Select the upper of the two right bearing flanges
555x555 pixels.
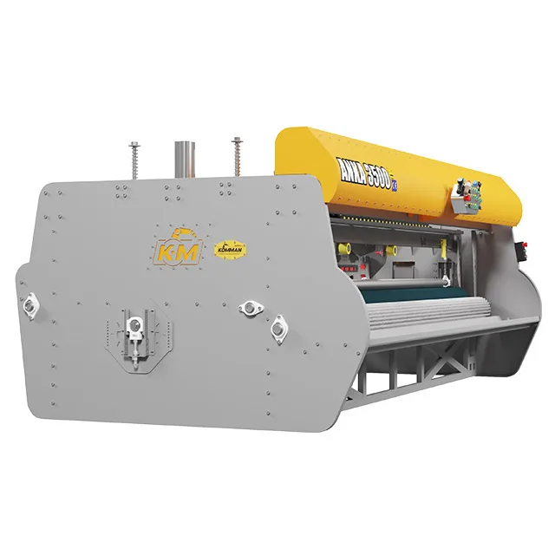(251, 307)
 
